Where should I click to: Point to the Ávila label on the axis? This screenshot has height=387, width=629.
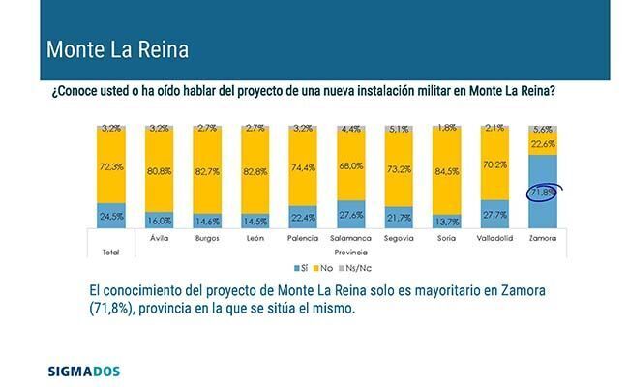(161, 238)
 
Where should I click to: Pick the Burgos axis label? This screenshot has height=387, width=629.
(208, 238)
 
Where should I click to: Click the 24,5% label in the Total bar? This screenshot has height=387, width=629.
(111, 216)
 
